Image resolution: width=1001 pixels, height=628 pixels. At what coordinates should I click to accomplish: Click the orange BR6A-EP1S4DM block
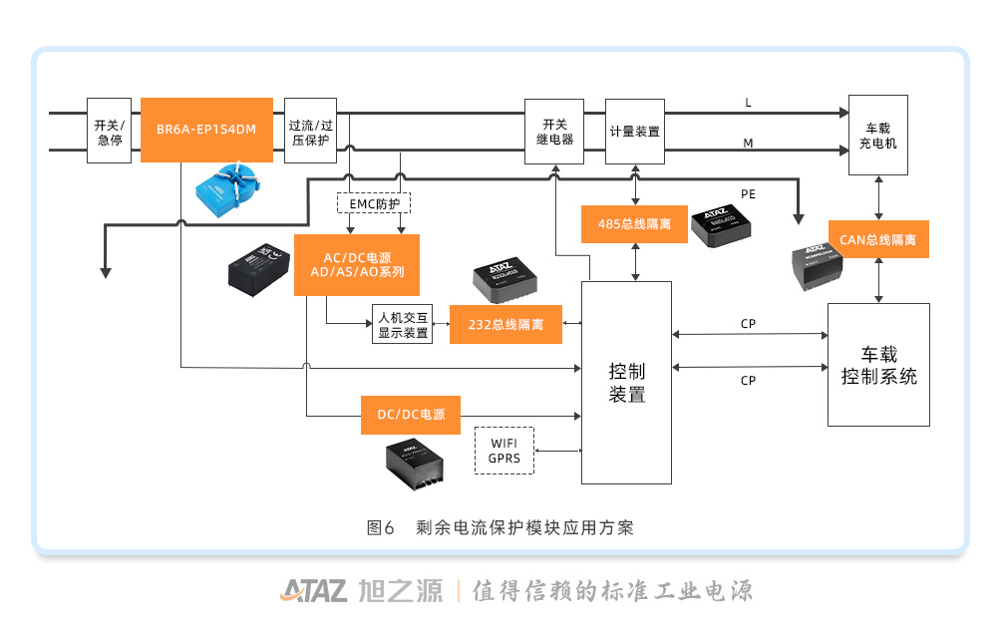click(x=206, y=130)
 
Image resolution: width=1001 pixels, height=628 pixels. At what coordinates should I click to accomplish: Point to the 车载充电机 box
click(x=877, y=136)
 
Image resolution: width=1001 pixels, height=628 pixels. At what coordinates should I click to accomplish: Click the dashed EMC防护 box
click(x=374, y=203)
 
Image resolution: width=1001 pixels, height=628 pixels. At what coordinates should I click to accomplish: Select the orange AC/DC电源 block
click(x=356, y=265)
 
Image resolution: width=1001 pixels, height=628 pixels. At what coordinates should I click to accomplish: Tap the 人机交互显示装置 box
click(x=403, y=325)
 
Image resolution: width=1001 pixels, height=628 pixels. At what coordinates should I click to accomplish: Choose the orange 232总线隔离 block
click(x=505, y=325)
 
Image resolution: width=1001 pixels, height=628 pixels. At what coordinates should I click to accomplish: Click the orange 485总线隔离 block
click(x=633, y=224)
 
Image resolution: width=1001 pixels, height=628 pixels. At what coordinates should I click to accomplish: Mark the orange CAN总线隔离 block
click(x=877, y=240)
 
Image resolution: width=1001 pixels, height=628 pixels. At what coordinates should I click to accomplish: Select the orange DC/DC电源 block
click(x=411, y=415)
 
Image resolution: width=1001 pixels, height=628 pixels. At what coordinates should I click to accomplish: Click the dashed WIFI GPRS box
click(x=504, y=451)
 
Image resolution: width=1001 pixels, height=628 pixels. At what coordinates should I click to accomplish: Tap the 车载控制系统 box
click(x=878, y=365)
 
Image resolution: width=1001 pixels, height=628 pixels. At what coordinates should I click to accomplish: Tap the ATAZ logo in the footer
click(x=313, y=590)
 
